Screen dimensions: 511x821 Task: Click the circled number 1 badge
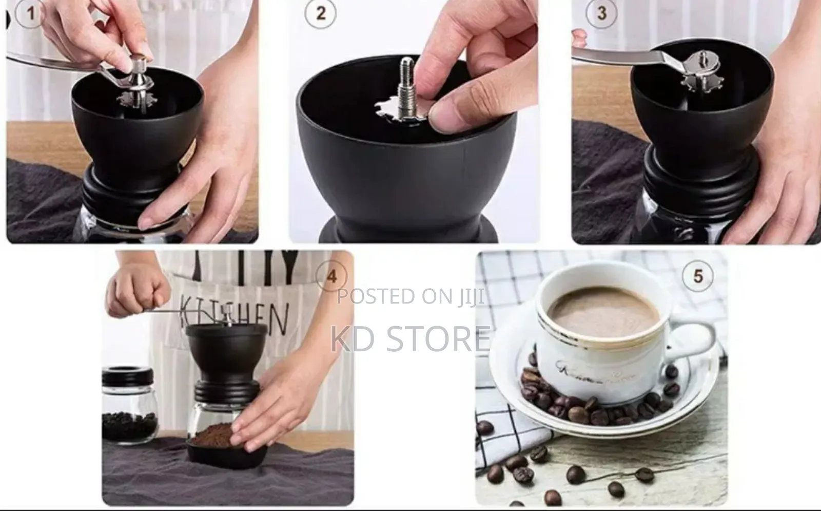click(30, 13)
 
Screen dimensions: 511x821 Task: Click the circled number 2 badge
click(321, 13)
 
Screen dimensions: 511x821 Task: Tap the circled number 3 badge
click(602, 13)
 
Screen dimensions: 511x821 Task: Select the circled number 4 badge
click(332, 277)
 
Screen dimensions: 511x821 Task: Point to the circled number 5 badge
click(698, 276)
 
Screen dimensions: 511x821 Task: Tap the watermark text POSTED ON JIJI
click(411, 296)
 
